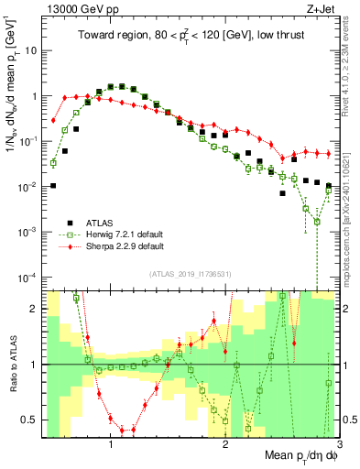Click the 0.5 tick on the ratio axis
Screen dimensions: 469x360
point(33,420)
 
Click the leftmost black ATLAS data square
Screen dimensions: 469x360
point(54,186)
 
